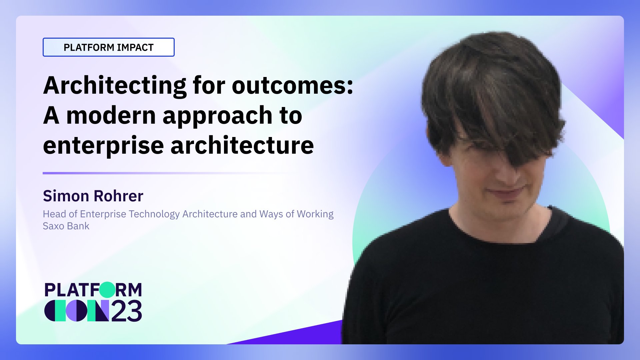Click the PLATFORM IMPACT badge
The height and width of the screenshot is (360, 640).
(108, 47)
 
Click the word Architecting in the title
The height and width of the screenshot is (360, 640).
(114, 86)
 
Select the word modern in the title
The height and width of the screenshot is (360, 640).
(111, 116)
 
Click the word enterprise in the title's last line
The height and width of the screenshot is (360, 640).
(103, 146)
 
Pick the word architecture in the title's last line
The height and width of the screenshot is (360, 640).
(242, 146)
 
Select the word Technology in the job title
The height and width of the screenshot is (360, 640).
(154, 214)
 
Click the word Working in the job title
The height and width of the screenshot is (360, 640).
(315, 214)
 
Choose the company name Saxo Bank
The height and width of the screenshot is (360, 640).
(66, 226)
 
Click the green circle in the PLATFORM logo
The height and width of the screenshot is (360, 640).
(107, 290)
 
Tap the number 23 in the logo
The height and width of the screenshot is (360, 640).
(126, 311)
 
